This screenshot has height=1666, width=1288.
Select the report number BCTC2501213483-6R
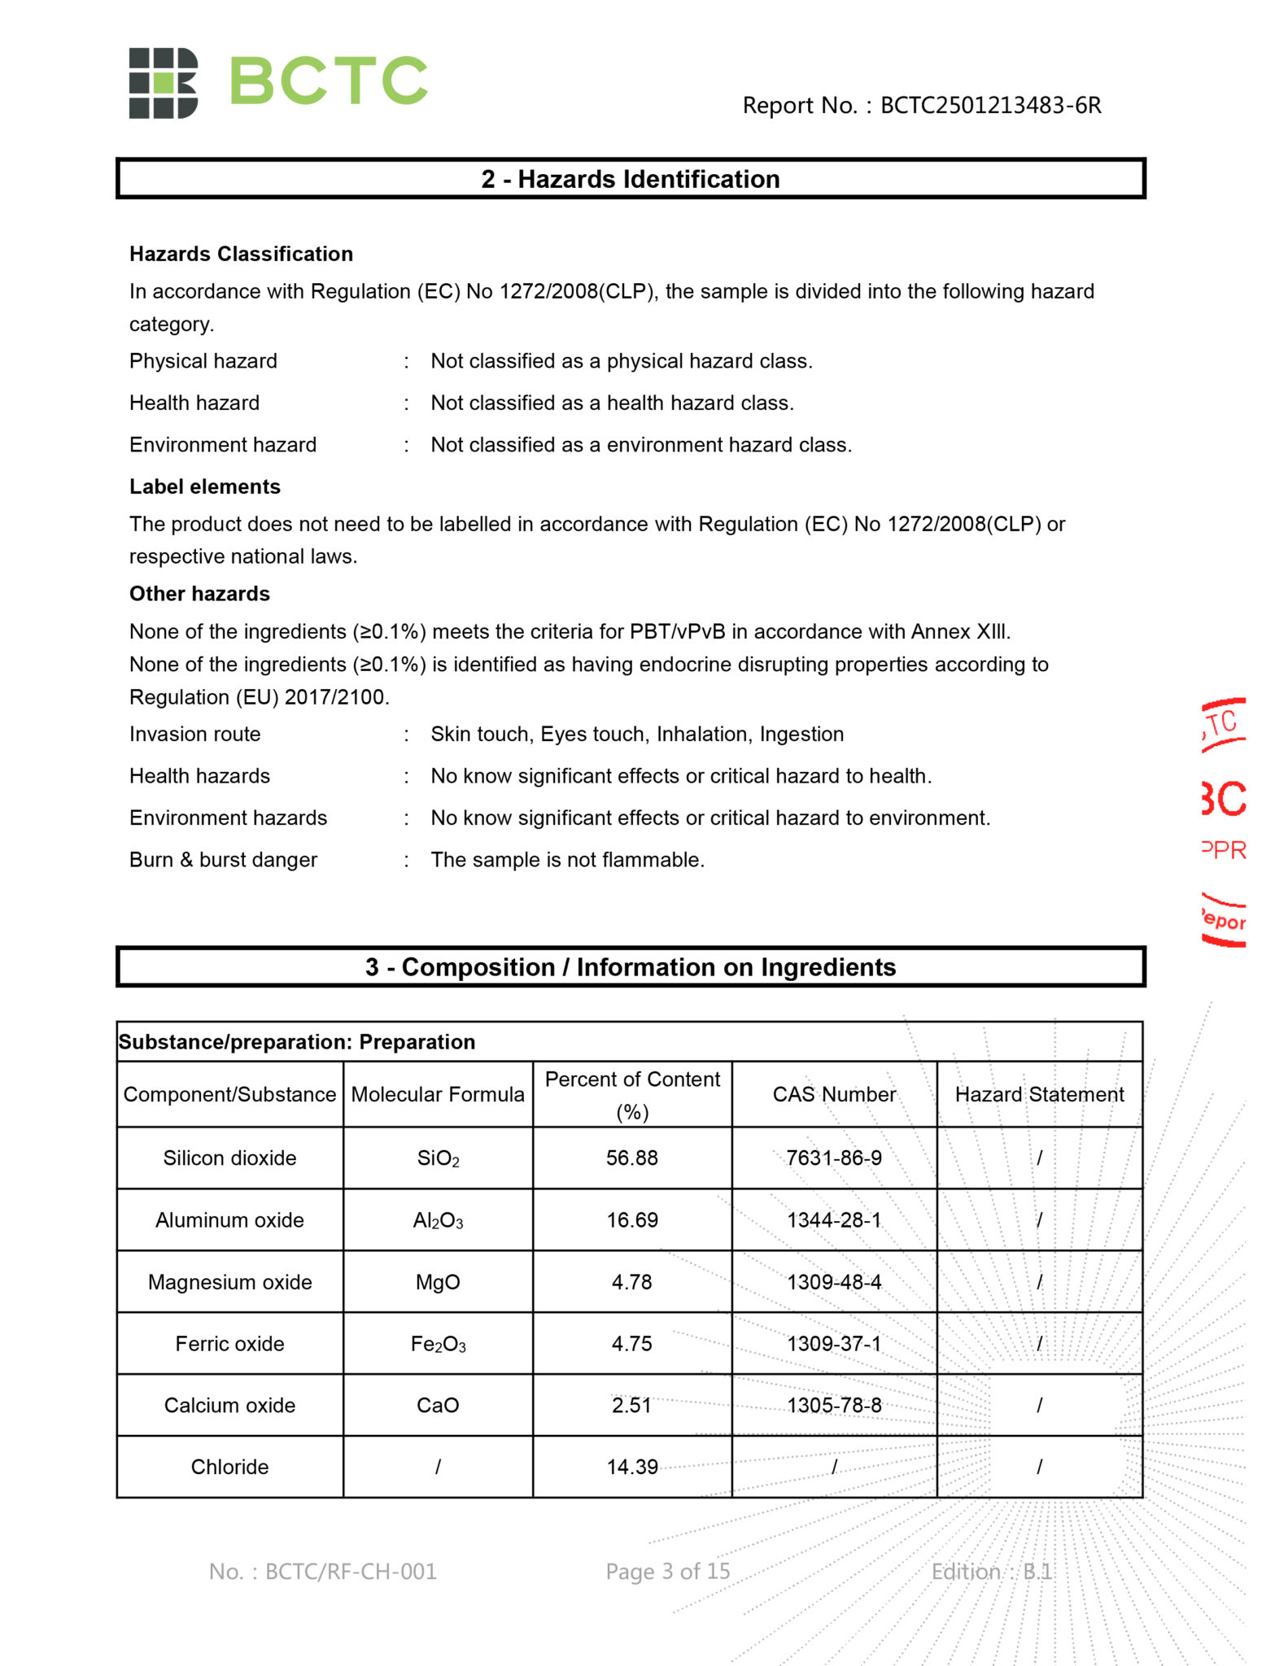click(x=990, y=106)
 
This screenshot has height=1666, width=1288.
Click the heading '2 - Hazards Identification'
click(x=631, y=179)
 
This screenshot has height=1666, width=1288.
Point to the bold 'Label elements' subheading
click(x=205, y=486)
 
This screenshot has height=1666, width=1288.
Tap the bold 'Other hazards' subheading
click(x=199, y=594)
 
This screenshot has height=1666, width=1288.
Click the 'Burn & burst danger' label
click(x=223, y=860)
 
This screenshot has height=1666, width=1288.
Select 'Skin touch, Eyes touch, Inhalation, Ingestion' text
click(x=637, y=735)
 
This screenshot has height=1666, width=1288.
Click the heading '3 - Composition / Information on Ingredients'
click(x=631, y=967)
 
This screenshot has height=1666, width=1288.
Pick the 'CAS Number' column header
click(x=834, y=1094)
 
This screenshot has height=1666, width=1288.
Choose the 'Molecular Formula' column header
click(x=438, y=1094)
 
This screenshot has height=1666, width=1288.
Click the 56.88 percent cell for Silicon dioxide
click(x=632, y=1158)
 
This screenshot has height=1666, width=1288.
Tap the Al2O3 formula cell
click(x=438, y=1220)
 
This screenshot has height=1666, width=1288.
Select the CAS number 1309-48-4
click(x=834, y=1282)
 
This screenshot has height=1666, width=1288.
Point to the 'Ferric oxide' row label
click(x=229, y=1344)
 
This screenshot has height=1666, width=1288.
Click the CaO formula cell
click(x=438, y=1406)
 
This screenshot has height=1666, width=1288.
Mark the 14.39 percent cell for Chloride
click(x=632, y=1467)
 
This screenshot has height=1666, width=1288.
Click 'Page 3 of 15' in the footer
click(x=668, y=1572)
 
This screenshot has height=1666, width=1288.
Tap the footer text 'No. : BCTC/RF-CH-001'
click(x=323, y=1572)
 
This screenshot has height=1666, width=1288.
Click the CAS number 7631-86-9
click(x=834, y=1158)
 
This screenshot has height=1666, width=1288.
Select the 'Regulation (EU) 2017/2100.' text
click(x=260, y=697)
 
